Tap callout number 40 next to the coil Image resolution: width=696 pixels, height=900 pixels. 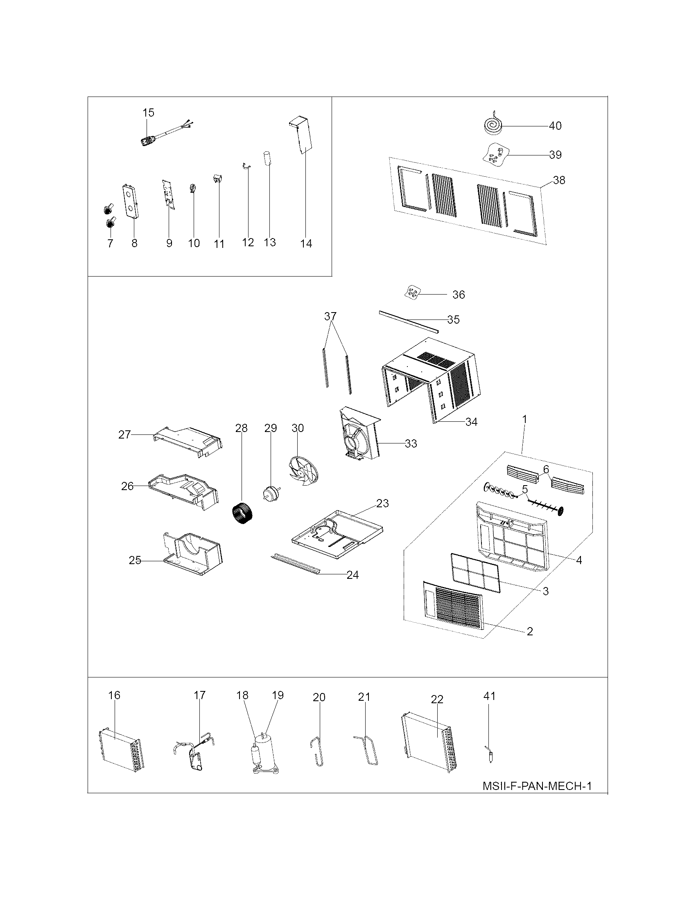tap(556, 126)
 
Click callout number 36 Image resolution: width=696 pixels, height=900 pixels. tap(459, 295)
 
